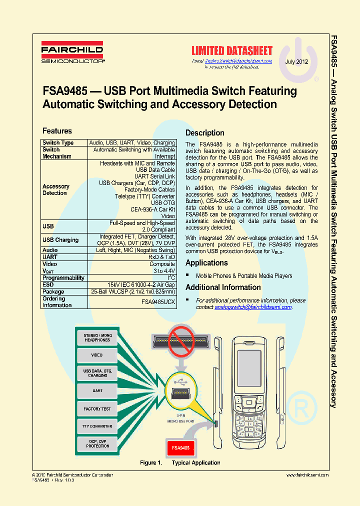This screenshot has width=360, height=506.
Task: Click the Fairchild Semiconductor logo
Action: pyautogui.click(x=72, y=53)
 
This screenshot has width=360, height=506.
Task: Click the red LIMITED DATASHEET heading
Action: pyautogui.click(x=232, y=50)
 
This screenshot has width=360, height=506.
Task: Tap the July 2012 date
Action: pyautogui.click(x=296, y=62)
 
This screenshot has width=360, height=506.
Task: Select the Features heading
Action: pyautogui.click(x=57, y=131)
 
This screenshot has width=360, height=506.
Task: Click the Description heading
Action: pyautogui.click(x=204, y=133)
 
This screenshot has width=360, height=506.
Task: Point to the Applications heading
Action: pyautogui.click(x=206, y=263)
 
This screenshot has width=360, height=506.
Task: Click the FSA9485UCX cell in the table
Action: pyautogui.click(x=158, y=302)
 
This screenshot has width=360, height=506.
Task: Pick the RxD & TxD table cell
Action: pyautogui.click(x=162, y=257)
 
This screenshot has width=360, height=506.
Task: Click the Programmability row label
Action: pyautogui.click(x=63, y=278)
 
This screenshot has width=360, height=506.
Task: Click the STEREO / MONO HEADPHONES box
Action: pyautogui.click(x=97, y=337)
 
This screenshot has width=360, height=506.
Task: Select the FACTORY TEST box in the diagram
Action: pyautogui.click(x=97, y=409)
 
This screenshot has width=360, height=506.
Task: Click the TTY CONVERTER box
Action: pyautogui.click(x=97, y=426)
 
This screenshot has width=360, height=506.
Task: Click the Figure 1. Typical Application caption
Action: pyautogui.click(x=180, y=463)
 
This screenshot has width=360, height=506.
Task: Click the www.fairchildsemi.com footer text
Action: pyautogui.click(x=307, y=475)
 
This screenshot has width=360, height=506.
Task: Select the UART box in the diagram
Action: pyautogui.click(x=97, y=390)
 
